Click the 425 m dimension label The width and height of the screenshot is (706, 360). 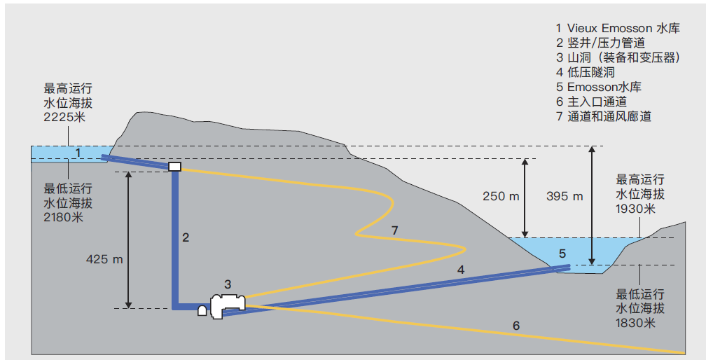[x=104, y=259]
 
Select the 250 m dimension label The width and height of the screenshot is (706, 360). [x=501, y=196]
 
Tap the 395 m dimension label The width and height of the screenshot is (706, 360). [x=565, y=196]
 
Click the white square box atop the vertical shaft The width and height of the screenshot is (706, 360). [x=174, y=167]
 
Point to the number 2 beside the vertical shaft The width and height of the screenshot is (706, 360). [x=186, y=237]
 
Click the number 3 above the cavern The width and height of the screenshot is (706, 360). [x=228, y=284]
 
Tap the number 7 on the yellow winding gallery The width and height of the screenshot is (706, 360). [x=395, y=230]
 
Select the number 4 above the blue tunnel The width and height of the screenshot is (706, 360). [x=461, y=270]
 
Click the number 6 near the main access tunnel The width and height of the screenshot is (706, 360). [x=516, y=326]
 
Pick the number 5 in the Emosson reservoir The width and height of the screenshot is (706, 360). [x=562, y=254]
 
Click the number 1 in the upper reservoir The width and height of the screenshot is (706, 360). [x=78, y=153]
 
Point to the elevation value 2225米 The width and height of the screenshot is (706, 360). [x=64, y=117]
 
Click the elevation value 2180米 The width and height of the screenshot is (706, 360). [x=64, y=217]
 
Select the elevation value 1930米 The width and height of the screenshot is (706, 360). [x=636, y=208]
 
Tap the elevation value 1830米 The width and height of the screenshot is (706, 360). [x=636, y=323]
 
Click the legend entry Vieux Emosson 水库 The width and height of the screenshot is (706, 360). [x=623, y=28]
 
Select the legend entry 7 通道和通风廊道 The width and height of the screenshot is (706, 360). [x=604, y=116]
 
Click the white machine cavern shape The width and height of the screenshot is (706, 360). [x=228, y=305]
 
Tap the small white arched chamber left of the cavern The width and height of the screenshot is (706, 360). [x=202, y=310]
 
